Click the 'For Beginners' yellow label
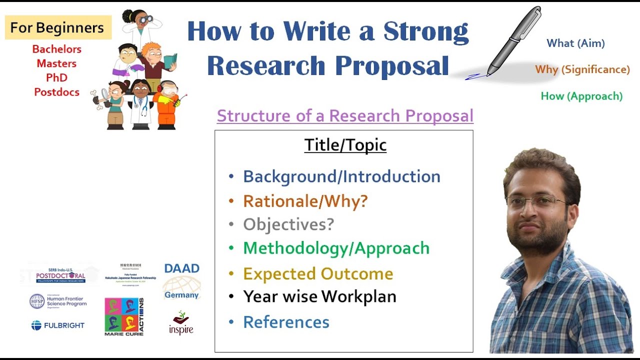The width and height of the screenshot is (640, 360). tap(57, 27)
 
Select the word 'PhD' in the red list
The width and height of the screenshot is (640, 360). tap(56, 78)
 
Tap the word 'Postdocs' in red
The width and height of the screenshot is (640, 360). tap(56, 92)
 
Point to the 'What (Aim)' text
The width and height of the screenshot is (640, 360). tap(575, 43)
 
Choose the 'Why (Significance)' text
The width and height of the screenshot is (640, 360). tap(582, 69)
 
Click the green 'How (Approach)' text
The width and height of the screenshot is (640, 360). tap(581, 96)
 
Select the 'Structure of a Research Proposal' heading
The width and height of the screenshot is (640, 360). tap(345, 116)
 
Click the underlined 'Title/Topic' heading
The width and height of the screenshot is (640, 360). tap(345, 145)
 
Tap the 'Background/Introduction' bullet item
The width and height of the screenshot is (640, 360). tap(341, 176)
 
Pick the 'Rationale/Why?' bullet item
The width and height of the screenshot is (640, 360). tap(305, 201)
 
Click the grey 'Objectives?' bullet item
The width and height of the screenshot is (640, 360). tap(288, 224)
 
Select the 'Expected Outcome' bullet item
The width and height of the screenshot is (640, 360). tap(318, 274)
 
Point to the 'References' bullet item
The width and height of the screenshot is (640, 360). tap(286, 322)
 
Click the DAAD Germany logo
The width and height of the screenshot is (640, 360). tap(181, 281)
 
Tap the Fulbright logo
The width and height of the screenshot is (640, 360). tap(57, 325)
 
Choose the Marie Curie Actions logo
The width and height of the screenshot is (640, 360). tap(124, 316)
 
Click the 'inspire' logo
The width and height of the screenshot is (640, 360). tap(180, 323)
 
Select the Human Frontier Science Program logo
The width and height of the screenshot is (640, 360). tap(57, 301)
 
